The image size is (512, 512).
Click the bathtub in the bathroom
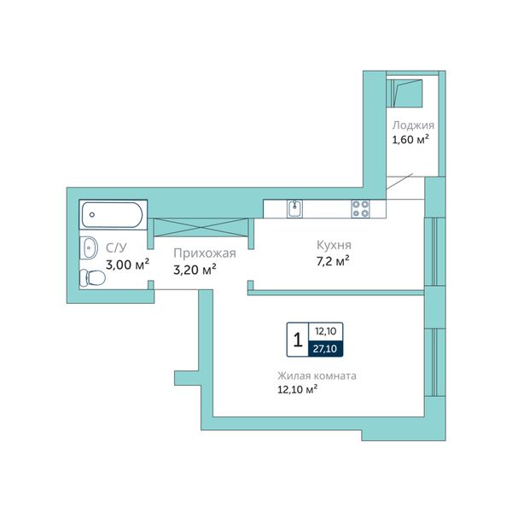tap(112, 214)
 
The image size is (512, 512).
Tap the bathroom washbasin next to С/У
tap(89, 247)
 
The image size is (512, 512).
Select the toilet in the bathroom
tap(92, 278)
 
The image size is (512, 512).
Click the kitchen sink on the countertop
tap(294, 209)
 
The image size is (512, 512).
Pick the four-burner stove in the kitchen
tap(360, 209)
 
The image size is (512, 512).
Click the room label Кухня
tap(334, 245)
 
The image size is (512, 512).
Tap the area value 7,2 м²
tap(333, 261)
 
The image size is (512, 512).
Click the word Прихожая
tap(205, 253)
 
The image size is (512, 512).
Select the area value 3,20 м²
tap(195, 270)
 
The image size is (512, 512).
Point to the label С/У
tap(116, 247)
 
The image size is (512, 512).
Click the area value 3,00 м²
tap(127, 265)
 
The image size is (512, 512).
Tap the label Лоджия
tap(413, 125)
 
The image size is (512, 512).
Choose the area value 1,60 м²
tap(410, 140)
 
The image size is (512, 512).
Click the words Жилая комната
tap(317, 375)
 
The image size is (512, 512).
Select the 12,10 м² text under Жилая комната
tap(298, 390)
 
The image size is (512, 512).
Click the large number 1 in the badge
tap(298, 340)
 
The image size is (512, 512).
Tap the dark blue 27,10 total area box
tap(325, 348)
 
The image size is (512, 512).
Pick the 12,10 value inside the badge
tap(326, 331)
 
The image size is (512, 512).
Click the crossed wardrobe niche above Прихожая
tap(201, 227)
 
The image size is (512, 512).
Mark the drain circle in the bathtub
tap(92, 214)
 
